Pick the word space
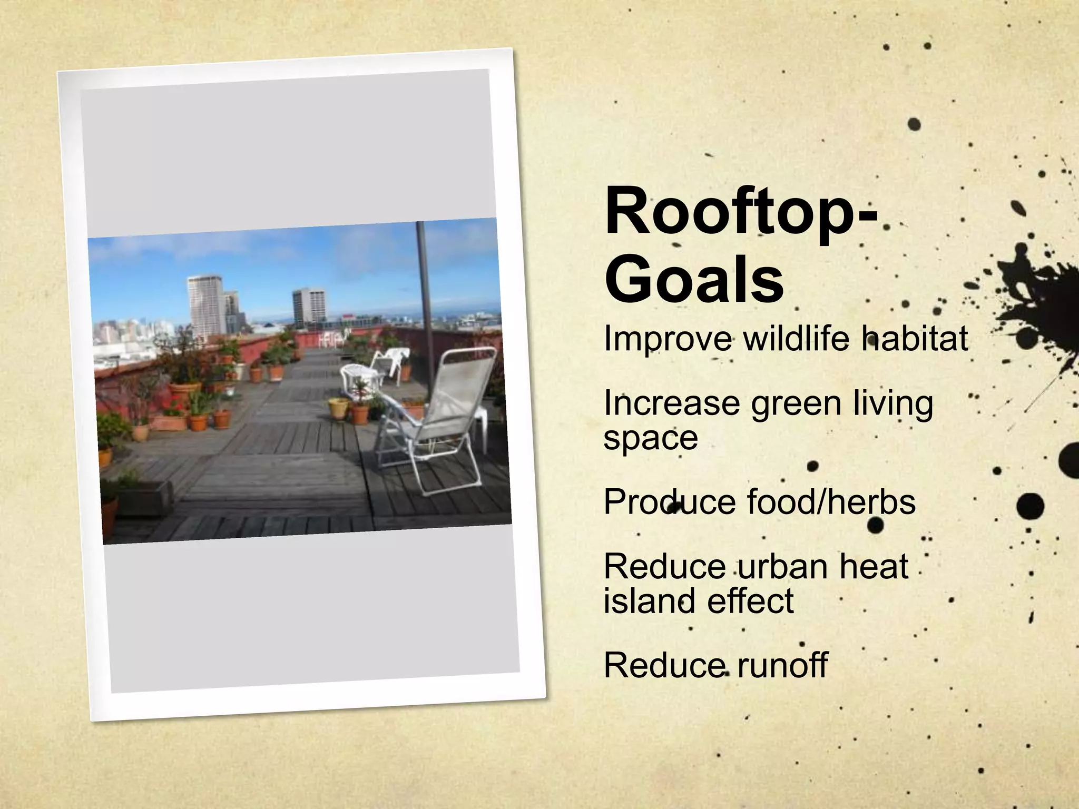pos(650,438)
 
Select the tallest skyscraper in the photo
pos(204,305)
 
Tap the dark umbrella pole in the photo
pos(424,295)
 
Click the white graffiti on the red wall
pos(332,338)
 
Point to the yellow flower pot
pos(338,409)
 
